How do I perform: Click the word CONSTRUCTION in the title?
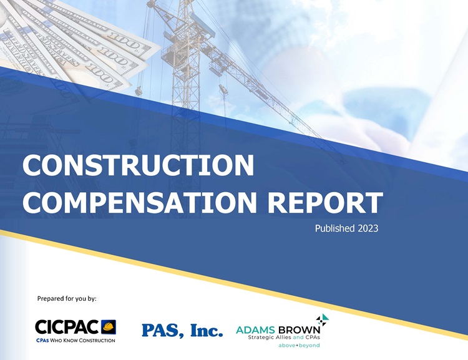(x=138, y=165)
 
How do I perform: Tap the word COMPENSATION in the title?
(x=140, y=202)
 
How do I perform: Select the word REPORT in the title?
(x=324, y=202)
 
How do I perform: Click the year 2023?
(x=368, y=228)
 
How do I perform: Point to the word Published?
(x=334, y=228)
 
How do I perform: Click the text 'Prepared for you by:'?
(x=67, y=298)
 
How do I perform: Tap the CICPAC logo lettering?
(x=67, y=327)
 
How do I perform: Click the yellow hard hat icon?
(x=109, y=327)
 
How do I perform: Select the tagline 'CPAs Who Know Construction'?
(x=76, y=340)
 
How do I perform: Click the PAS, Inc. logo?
(x=182, y=331)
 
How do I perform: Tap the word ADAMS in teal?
(x=255, y=330)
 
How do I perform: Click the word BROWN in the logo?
(x=299, y=330)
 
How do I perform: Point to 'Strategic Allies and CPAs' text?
(x=284, y=338)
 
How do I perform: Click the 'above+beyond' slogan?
(x=299, y=346)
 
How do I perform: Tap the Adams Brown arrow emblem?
(x=323, y=319)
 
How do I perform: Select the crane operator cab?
(x=170, y=57)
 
